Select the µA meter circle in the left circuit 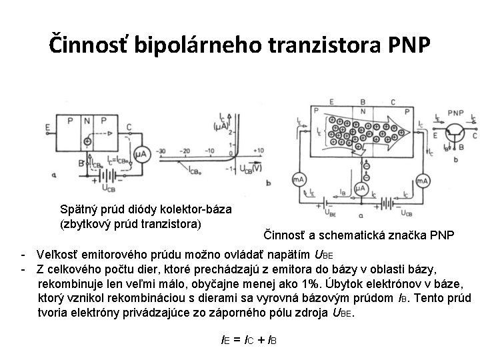point(141,155)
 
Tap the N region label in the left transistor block point(87,121)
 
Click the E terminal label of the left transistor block point(49,127)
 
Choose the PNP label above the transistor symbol point(456,113)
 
